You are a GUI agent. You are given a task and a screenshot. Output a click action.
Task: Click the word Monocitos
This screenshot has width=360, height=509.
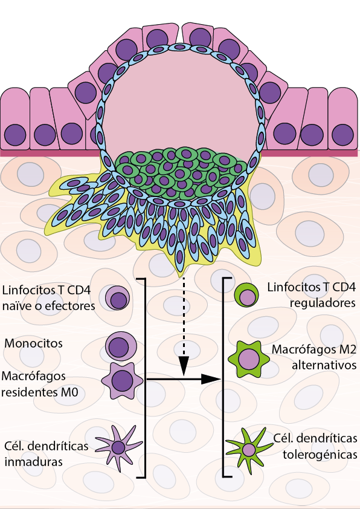click(x=33, y=343)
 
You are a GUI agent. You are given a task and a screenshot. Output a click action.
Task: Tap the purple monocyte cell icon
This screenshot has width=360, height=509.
click(x=121, y=346)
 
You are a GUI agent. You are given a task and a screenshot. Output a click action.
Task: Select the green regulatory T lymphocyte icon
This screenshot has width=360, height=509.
click(x=246, y=295)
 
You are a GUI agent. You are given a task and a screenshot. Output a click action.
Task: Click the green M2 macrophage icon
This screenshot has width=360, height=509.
click(x=249, y=359)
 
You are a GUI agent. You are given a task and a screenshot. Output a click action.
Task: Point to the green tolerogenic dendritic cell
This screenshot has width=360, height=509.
click(x=249, y=450)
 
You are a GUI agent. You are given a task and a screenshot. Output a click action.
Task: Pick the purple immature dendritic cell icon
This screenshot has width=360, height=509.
click(x=118, y=448)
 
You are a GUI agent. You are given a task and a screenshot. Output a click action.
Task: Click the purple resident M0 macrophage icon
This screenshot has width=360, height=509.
click(x=122, y=380)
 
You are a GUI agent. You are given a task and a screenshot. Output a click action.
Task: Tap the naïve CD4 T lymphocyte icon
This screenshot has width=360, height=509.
click(x=117, y=298)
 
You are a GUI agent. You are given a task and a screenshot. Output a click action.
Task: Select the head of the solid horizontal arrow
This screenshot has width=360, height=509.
click(x=211, y=379)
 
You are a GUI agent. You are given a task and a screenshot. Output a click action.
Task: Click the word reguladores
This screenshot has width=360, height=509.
click(x=323, y=303)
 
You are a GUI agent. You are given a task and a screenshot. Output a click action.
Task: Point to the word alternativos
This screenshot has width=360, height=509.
click(x=324, y=365)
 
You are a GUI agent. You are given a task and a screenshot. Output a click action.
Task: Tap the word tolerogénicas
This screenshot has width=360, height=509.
click(x=320, y=455)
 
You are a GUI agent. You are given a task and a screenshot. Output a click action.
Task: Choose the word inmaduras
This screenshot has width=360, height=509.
click(x=33, y=461)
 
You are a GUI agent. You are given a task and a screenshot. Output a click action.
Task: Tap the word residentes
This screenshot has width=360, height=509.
click(x=30, y=392)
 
